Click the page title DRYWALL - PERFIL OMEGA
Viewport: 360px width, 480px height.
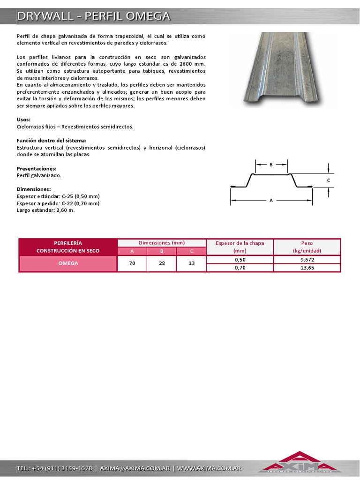tap(93, 16)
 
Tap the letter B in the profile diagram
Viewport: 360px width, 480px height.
tap(271, 165)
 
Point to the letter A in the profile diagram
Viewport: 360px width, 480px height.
tap(271, 200)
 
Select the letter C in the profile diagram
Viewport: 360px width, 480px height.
tap(328, 180)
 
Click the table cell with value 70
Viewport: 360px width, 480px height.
tap(132, 263)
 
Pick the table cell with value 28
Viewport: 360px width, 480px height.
tap(162, 263)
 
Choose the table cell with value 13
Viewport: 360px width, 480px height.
tap(191, 263)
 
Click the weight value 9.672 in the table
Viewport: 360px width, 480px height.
tap(307, 260)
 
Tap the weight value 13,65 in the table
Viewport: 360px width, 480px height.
tap(307, 268)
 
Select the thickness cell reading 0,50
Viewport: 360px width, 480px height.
tap(240, 260)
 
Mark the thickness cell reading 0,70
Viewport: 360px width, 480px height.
tap(240, 268)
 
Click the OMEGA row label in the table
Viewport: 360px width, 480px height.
tap(68, 263)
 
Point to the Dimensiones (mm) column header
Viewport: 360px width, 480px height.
tap(162, 243)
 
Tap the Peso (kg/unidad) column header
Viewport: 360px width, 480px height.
tap(307, 247)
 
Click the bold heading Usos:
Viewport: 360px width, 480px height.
tap(23, 120)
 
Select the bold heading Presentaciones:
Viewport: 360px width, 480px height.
tap(37, 168)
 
